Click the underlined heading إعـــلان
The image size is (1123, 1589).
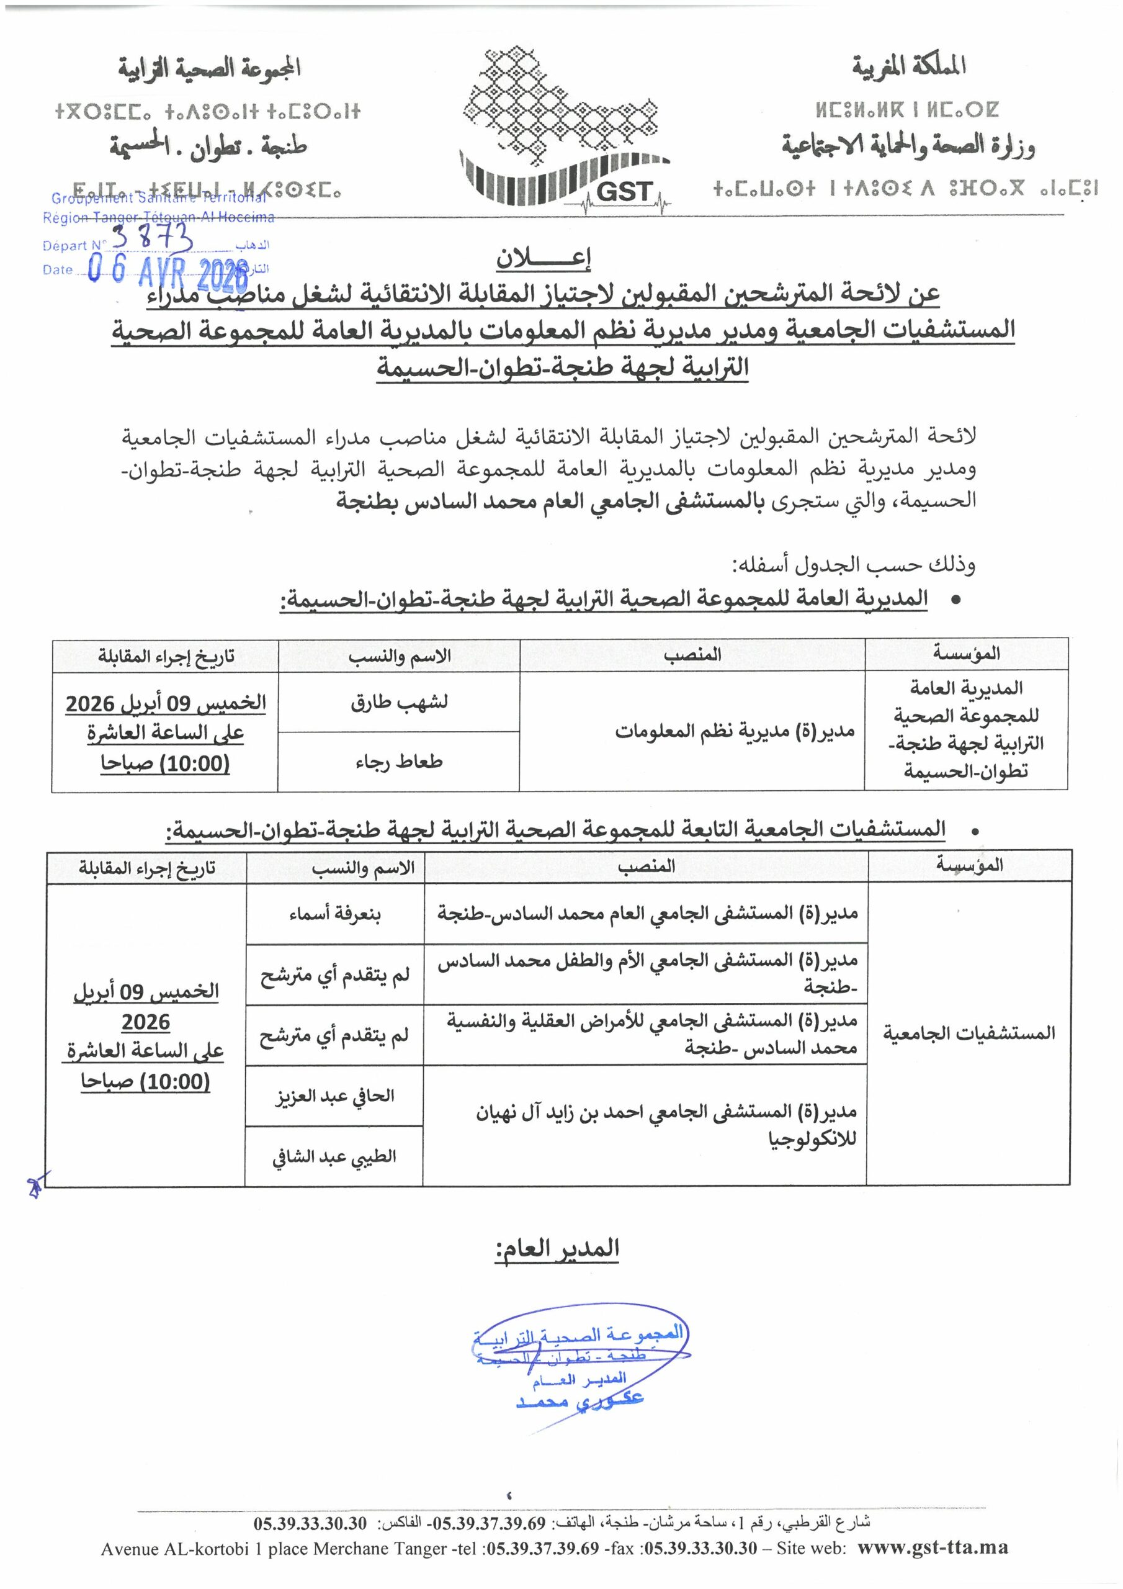click(x=543, y=258)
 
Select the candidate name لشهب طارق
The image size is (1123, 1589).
click(x=398, y=702)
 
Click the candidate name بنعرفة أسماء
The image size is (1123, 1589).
click(x=335, y=914)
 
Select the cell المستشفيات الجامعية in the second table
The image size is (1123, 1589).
click(x=969, y=1033)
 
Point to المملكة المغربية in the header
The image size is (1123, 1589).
click(x=908, y=66)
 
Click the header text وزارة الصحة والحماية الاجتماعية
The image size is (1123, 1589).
click(x=908, y=146)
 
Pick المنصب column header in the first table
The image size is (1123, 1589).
click(x=692, y=655)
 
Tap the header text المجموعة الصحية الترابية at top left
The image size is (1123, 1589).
click(x=209, y=68)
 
